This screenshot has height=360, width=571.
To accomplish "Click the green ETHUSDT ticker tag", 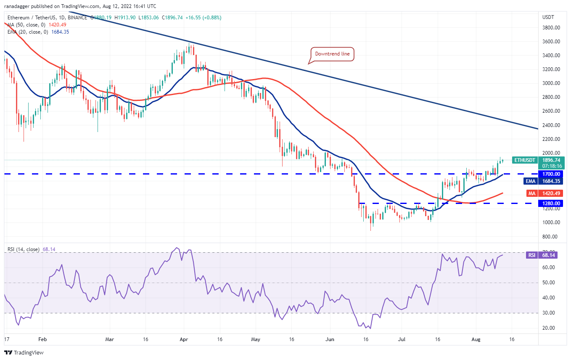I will (x=525, y=160).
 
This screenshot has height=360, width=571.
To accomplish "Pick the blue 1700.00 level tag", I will (x=551, y=174).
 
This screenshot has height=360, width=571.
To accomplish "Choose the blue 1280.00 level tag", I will (x=551, y=203).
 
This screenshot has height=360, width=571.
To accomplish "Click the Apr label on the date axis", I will (x=182, y=338).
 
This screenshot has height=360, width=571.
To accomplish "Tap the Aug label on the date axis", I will (x=476, y=338).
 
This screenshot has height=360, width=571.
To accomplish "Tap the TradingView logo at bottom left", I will (x=24, y=352).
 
